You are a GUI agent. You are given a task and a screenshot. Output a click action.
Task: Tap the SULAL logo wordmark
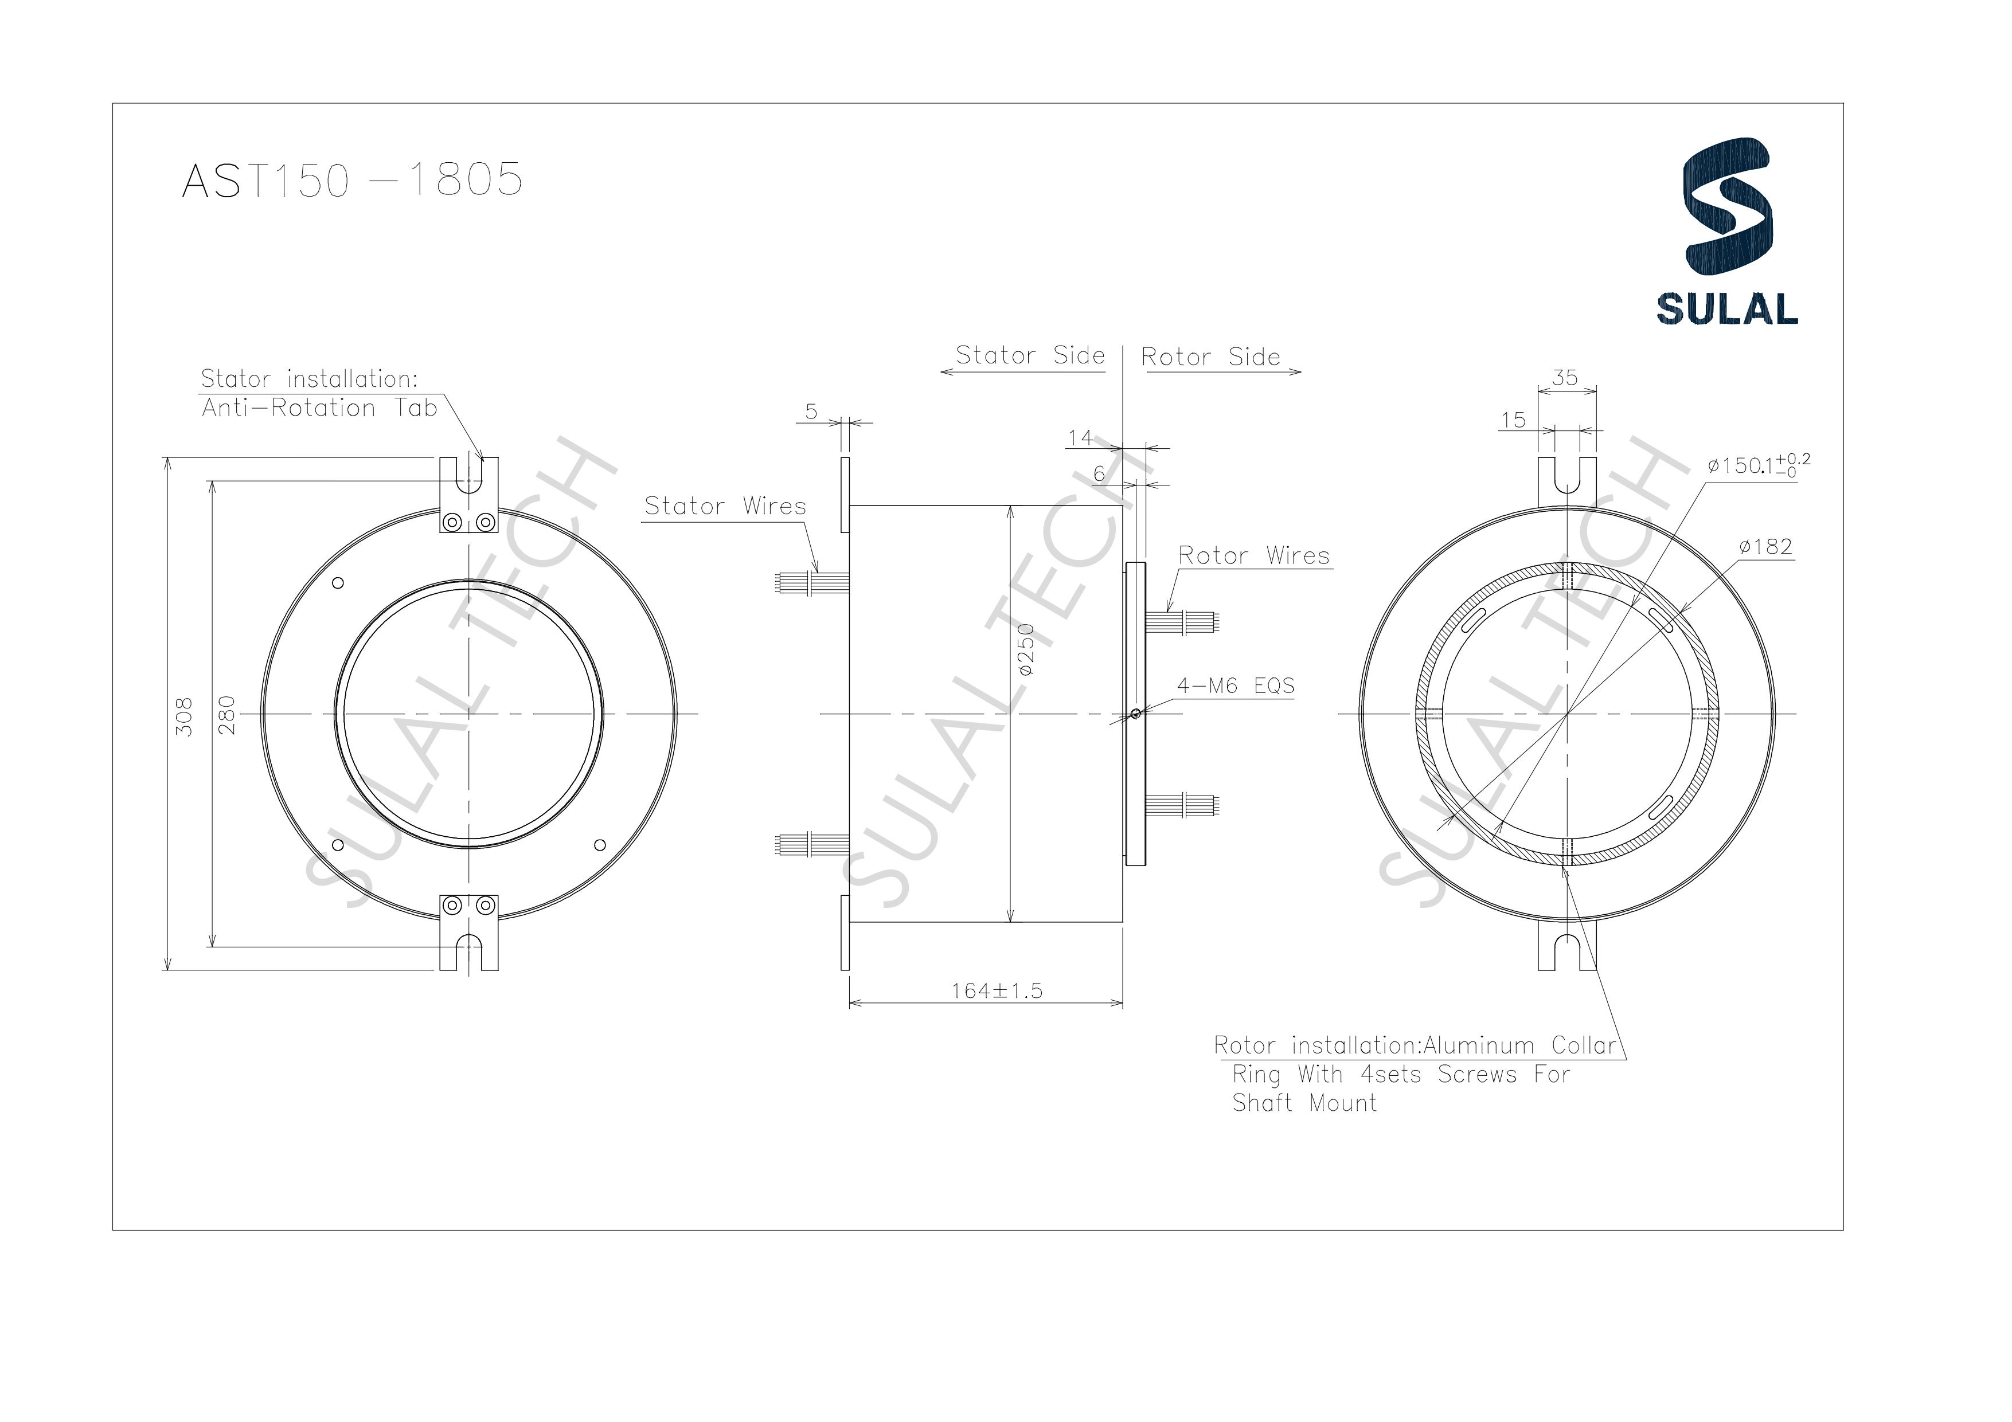[x=1726, y=308]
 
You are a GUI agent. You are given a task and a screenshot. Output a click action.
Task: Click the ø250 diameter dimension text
[x=1026, y=650]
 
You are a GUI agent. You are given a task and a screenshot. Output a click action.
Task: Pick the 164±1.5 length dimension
[x=997, y=991]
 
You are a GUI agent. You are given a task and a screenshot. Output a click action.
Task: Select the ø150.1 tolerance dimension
[x=1757, y=465]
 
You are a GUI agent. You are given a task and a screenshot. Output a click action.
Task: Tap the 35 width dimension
[x=1565, y=378]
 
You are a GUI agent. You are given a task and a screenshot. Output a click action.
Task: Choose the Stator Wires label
[x=725, y=507]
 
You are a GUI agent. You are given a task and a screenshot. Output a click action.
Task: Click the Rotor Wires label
[x=1253, y=555]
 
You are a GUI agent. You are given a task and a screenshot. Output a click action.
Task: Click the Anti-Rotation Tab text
[x=319, y=408]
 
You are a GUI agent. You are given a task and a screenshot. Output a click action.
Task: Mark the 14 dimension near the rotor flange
[x=1080, y=437]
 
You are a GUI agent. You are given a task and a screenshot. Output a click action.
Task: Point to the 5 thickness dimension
[x=811, y=411]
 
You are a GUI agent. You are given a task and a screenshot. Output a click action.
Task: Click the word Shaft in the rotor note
[x=1262, y=1103]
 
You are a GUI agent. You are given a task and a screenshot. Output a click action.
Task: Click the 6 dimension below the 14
[x=1099, y=474]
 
